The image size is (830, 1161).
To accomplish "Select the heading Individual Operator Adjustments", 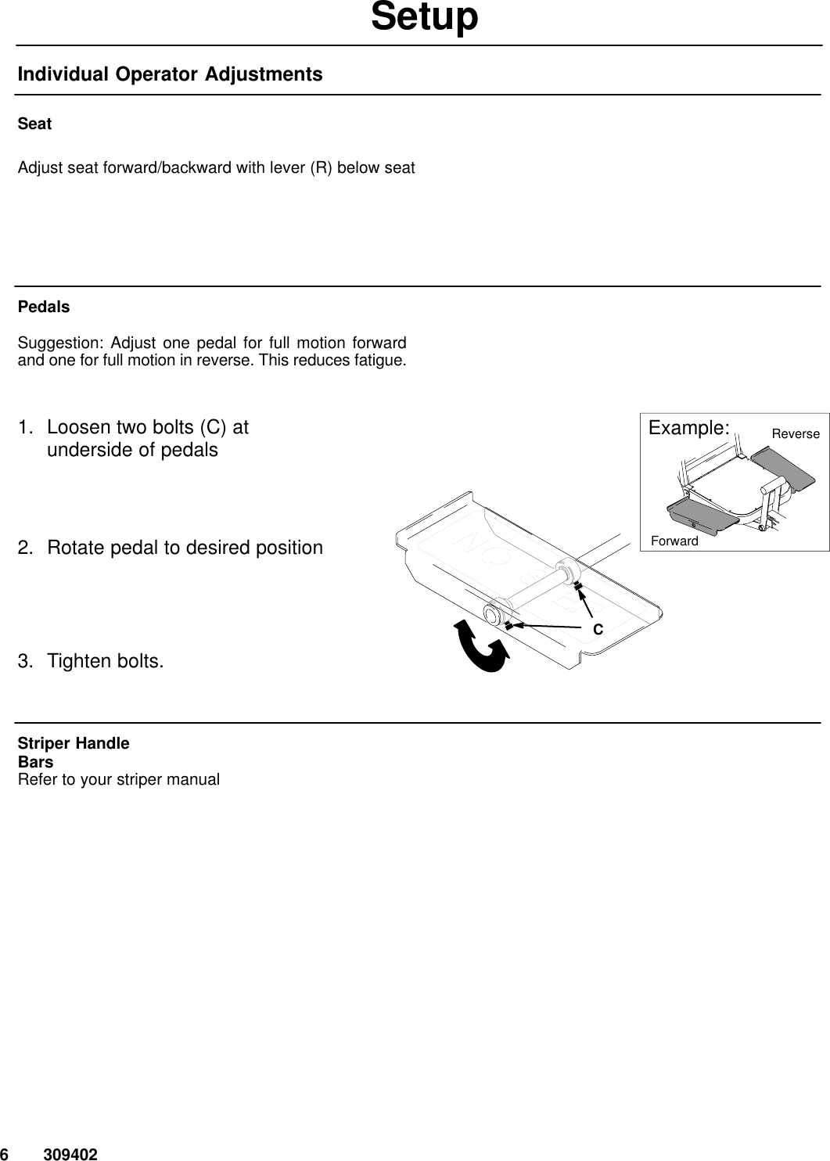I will (x=170, y=74).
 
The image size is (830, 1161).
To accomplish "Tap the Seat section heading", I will (x=34, y=124).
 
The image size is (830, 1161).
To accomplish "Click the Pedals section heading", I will (x=44, y=307).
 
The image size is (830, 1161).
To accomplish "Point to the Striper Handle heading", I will (x=74, y=743).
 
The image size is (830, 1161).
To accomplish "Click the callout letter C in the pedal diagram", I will (x=597, y=629).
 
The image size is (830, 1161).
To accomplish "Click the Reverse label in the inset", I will (x=796, y=433).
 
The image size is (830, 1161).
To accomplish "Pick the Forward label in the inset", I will (x=674, y=541).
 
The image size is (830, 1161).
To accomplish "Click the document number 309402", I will (x=70, y=1154).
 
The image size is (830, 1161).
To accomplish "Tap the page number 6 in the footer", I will (x=5, y=1154).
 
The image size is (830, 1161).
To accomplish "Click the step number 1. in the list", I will (x=27, y=428).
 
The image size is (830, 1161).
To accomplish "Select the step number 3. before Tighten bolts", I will (x=27, y=661).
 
